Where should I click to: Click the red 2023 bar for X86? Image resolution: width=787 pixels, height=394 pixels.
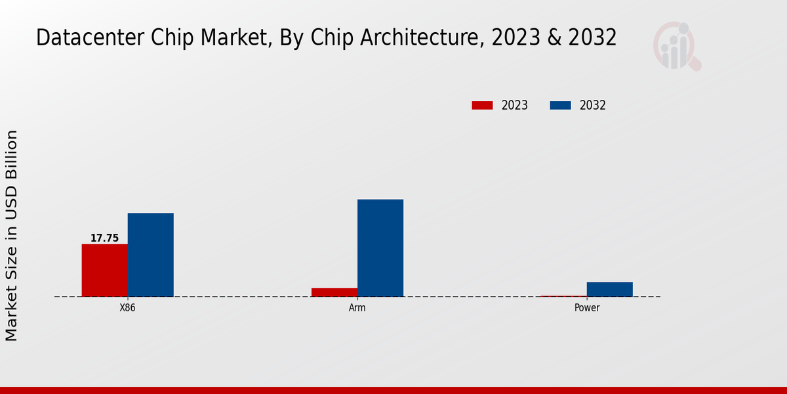(x=104, y=270)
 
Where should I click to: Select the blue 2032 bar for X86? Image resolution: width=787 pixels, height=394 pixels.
(x=150, y=255)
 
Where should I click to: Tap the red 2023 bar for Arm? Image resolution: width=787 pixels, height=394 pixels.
(x=334, y=292)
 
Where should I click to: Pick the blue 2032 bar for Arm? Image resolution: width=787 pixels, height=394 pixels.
(x=380, y=248)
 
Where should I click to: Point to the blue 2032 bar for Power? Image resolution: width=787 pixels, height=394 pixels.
(x=609, y=289)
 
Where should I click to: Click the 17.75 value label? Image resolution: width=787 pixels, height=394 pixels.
(x=104, y=238)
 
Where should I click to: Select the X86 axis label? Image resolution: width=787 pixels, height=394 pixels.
(x=127, y=308)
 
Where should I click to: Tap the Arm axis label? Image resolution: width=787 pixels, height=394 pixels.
(x=357, y=308)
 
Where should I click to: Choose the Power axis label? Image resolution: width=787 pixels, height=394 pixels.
(x=586, y=308)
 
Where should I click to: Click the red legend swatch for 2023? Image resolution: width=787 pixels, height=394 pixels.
(x=482, y=105)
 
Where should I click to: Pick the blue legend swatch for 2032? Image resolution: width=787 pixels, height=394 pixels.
(x=560, y=105)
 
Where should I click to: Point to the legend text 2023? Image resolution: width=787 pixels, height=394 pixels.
(x=514, y=105)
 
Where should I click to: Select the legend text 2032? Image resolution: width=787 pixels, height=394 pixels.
(x=592, y=105)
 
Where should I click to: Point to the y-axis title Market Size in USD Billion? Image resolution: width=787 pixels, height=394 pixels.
(x=12, y=235)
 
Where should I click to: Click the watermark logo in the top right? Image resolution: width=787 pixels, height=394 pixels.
(x=676, y=46)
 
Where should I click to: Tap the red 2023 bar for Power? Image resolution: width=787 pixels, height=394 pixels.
(x=563, y=296)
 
